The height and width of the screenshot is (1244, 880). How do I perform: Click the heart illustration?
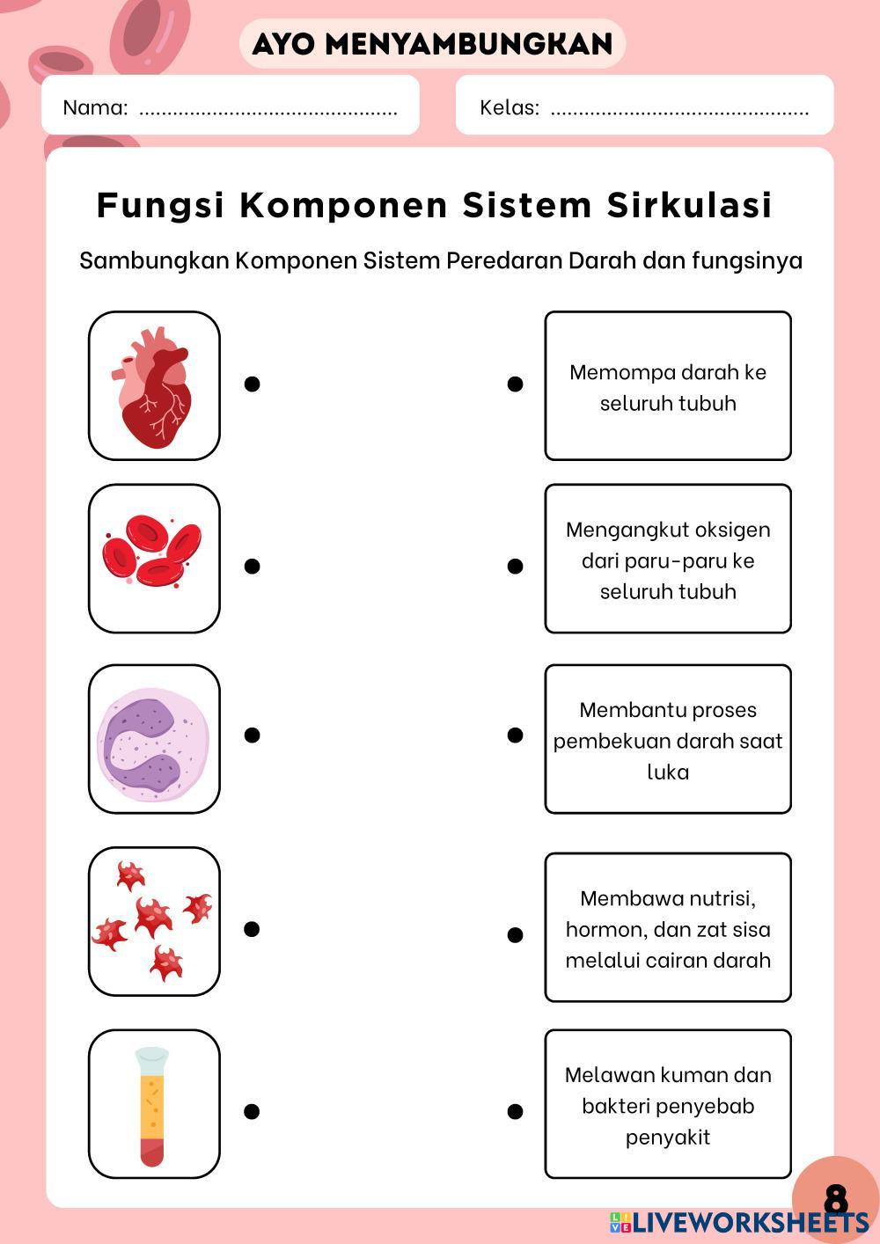(x=154, y=385)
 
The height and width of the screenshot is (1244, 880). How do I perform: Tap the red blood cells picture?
(x=154, y=558)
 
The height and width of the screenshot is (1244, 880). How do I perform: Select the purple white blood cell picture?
(x=154, y=739)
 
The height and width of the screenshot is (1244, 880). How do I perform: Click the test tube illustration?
(x=153, y=1104)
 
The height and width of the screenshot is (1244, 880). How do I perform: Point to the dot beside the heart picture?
(x=252, y=384)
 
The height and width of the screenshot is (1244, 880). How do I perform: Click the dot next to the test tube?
(x=252, y=1111)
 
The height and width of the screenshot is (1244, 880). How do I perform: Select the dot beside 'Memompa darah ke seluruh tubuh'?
(x=516, y=384)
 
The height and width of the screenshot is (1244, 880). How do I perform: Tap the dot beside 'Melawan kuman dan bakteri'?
(x=516, y=1112)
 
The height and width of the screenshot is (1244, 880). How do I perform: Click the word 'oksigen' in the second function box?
(x=732, y=530)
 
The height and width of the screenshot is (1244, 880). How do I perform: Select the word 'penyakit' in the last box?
(x=668, y=1137)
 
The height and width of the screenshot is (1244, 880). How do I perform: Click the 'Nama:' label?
(x=95, y=108)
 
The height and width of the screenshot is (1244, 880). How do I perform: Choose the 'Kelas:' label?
(x=510, y=108)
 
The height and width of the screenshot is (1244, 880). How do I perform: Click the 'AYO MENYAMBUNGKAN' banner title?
(x=432, y=44)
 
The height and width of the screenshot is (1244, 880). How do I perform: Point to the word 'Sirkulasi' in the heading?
(x=689, y=205)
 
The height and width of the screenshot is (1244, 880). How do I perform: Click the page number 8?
(x=836, y=1198)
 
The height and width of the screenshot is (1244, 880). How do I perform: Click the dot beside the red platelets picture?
(x=252, y=929)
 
